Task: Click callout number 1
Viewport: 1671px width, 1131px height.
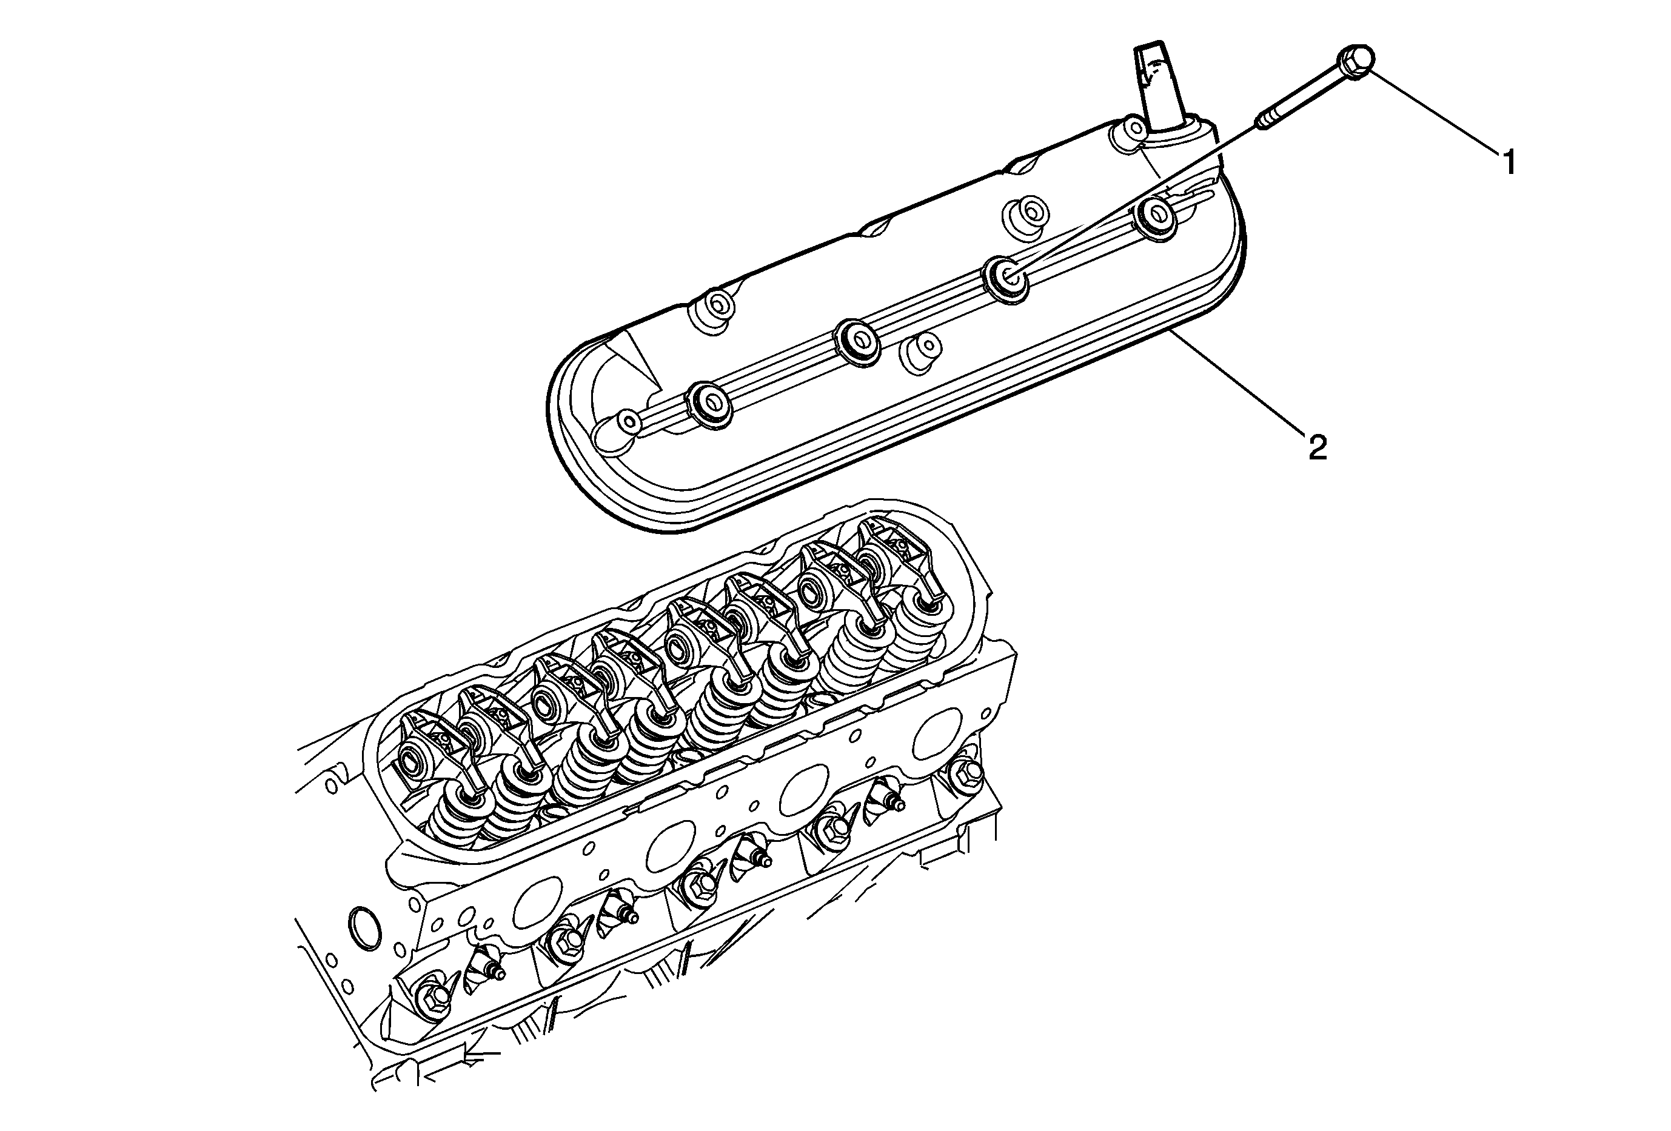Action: click(1509, 162)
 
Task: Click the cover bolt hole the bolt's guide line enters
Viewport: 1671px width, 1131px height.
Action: click(1006, 274)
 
